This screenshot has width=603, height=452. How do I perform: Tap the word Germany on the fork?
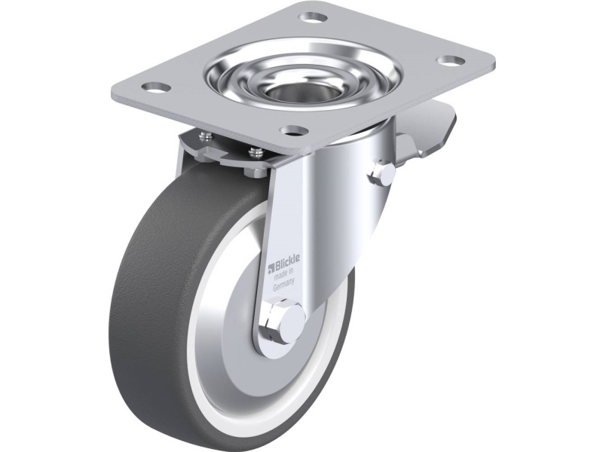click(285, 286)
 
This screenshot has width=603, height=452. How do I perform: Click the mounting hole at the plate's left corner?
click(155, 87)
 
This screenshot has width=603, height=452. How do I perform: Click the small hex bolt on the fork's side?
click(381, 174)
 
